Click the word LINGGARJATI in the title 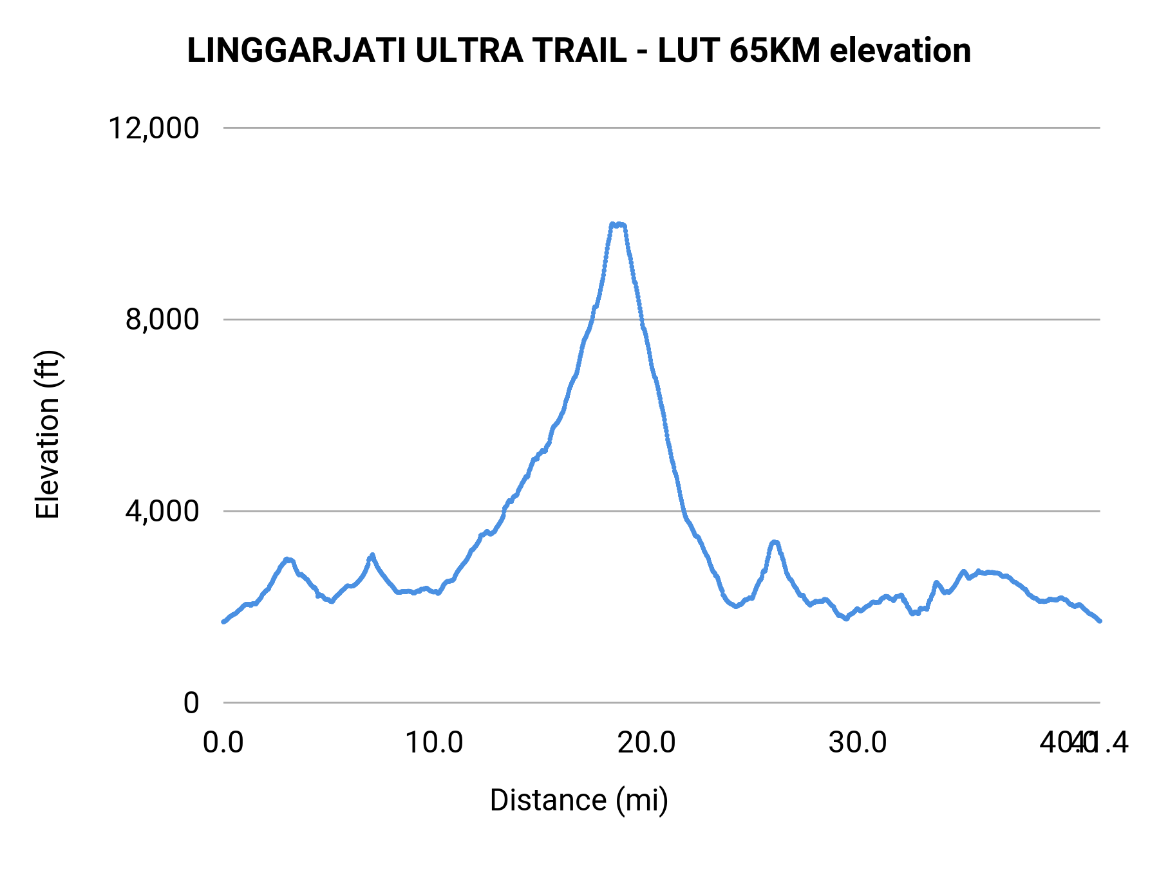pyautogui.click(x=296, y=51)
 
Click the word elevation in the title pyautogui.click(x=900, y=51)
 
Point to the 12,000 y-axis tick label pyautogui.click(x=154, y=128)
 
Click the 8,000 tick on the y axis pyautogui.click(x=162, y=319)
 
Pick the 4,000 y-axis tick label pyautogui.click(x=162, y=511)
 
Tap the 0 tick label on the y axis pyautogui.click(x=191, y=702)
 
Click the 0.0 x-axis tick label pyautogui.click(x=223, y=743)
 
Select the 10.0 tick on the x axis pyautogui.click(x=435, y=743)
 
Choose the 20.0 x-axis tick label pyautogui.click(x=646, y=743)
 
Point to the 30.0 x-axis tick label pyautogui.click(x=858, y=743)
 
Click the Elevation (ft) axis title pyautogui.click(x=48, y=434)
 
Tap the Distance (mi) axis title pyautogui.click(x=579, y=800)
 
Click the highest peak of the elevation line pyautogui.click(x=617, y=225)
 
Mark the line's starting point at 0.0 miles pyautogui.click(x=223, y=621)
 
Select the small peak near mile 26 pyautogui.click(x=775, y=543)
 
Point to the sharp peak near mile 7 pyautogui.click(x=372, y=555)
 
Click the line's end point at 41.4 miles pyautogui.click(x=1100, y=621)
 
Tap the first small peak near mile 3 pyautogui.click(x=288, y=559)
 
